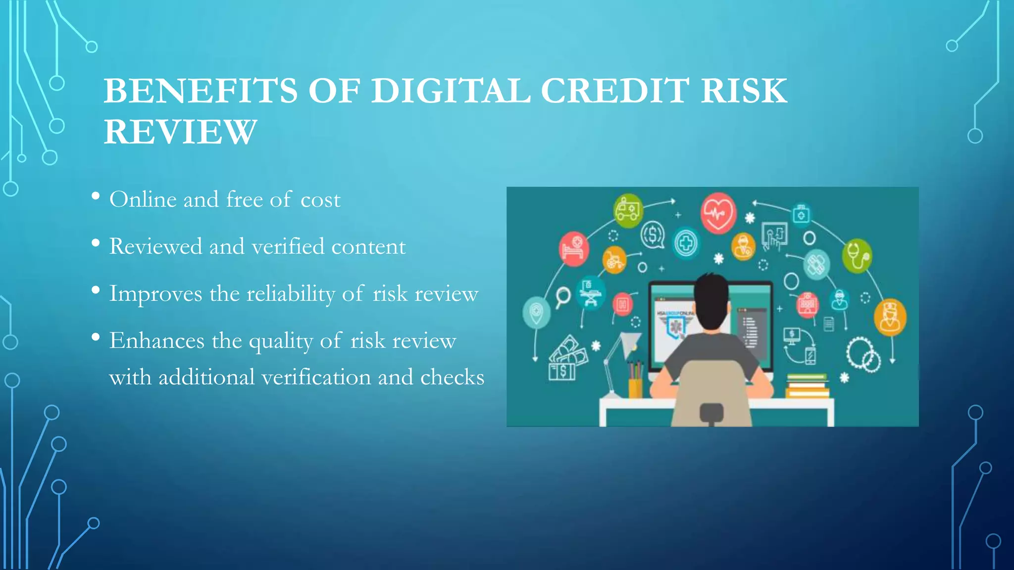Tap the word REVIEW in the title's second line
coord(180,133)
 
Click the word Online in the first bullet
coord(143,200)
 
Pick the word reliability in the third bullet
coord(291,294)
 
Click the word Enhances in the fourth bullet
coord(156,341)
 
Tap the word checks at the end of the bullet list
coord(452,378)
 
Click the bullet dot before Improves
coord(96,290)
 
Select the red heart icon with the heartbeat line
coord(718,213)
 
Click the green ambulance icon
coord(628,210)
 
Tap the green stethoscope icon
coord(857,255)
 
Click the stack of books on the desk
coord(808,386)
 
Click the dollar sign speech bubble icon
coord(653,235)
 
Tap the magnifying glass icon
coord(562,297)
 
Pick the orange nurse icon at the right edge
coord(890,317)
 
